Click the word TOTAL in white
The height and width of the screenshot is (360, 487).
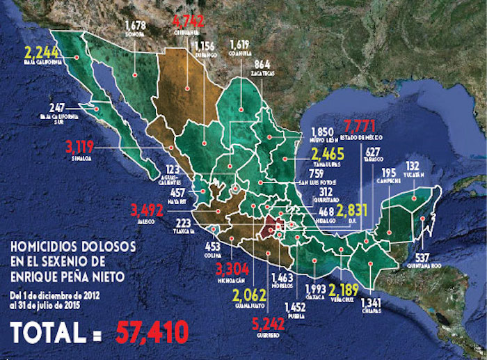click(51, 333)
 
